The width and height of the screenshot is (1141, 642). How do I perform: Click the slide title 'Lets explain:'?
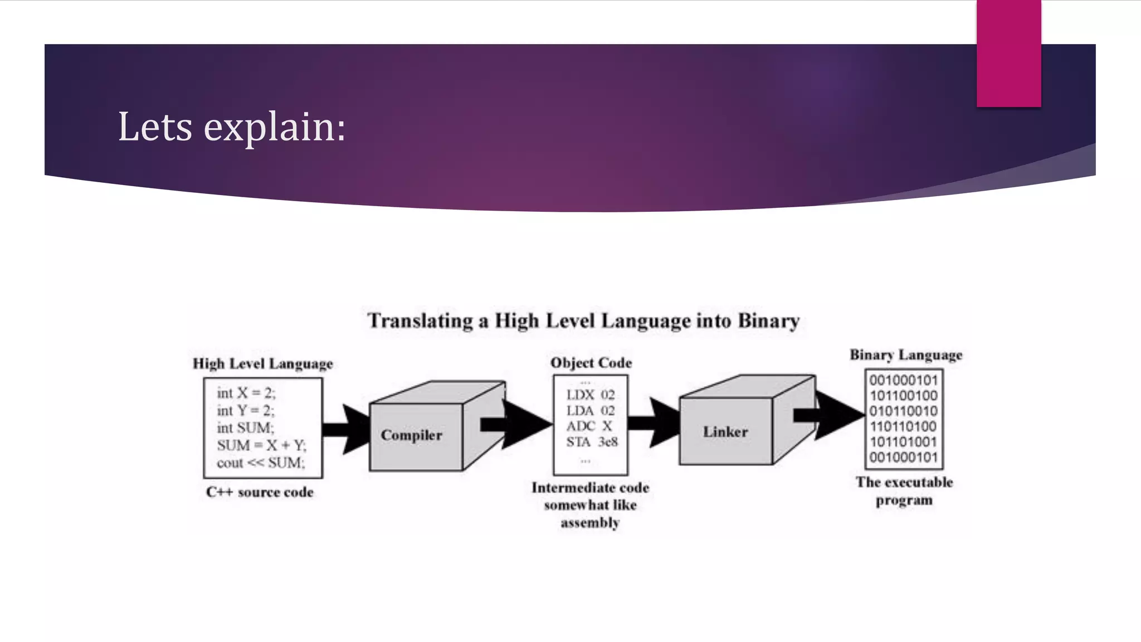[x=232, y=127]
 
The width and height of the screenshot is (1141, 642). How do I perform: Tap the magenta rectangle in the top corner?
[x=1008, y=53]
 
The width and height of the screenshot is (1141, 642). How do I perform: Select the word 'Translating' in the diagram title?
[x=420, y=321]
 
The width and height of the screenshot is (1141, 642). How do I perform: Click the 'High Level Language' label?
[x=263, y=364]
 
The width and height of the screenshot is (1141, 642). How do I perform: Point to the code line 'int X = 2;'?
[x=246, y=393]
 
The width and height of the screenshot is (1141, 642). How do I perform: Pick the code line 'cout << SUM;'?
[x=261, y=463]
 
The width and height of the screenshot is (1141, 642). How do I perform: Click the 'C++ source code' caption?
[x=260, y=492]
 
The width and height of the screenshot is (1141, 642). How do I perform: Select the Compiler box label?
[x=411, y=435]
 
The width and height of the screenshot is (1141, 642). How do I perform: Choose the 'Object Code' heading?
[x=591, y=363]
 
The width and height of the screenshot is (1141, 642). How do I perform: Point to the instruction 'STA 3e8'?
[x=592, y=442]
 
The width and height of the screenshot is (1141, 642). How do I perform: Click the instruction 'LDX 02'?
[x=591, y=395]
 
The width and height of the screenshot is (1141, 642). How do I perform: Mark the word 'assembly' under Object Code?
[x=590, y=523]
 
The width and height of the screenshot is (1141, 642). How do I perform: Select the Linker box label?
[x=725, y=432]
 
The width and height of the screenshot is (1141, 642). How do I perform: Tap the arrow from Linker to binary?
[x=830, y=415]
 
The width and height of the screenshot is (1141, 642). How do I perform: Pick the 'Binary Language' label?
[x=906, y=355]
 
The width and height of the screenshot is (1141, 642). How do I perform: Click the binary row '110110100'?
[x=904, y=427]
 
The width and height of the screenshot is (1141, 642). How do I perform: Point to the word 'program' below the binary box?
[x=904, y=500]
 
